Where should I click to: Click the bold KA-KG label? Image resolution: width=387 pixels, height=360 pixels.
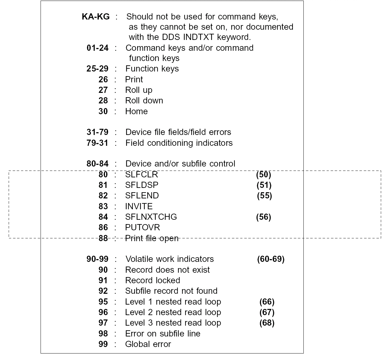95,17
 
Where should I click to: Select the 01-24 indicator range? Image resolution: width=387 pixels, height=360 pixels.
98,48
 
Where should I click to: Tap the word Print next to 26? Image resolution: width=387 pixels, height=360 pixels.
134,80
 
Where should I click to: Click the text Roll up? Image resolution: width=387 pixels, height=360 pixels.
139,90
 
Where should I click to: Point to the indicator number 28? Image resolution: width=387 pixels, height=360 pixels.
103,101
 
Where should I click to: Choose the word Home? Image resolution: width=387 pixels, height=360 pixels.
136,111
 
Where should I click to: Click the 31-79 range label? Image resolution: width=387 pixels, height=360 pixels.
98,132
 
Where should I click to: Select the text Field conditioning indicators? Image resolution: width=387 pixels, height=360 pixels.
179,143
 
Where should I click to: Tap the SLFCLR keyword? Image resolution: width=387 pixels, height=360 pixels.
141,175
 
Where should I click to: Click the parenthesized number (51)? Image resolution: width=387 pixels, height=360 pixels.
264,185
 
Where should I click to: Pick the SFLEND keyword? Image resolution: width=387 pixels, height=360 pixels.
142,196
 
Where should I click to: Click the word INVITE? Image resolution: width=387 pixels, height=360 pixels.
139,206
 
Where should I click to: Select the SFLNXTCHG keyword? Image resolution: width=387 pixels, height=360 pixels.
151,217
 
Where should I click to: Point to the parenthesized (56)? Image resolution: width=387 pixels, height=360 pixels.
263,217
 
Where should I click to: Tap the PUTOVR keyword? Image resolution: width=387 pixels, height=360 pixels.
142,228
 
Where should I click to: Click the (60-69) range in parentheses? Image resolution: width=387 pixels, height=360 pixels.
271,259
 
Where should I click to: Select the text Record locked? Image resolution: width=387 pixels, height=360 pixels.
152,280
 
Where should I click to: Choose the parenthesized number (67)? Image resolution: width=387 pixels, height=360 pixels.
267,312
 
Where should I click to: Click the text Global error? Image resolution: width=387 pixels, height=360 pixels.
148,344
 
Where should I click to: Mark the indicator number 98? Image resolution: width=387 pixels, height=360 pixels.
103,334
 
